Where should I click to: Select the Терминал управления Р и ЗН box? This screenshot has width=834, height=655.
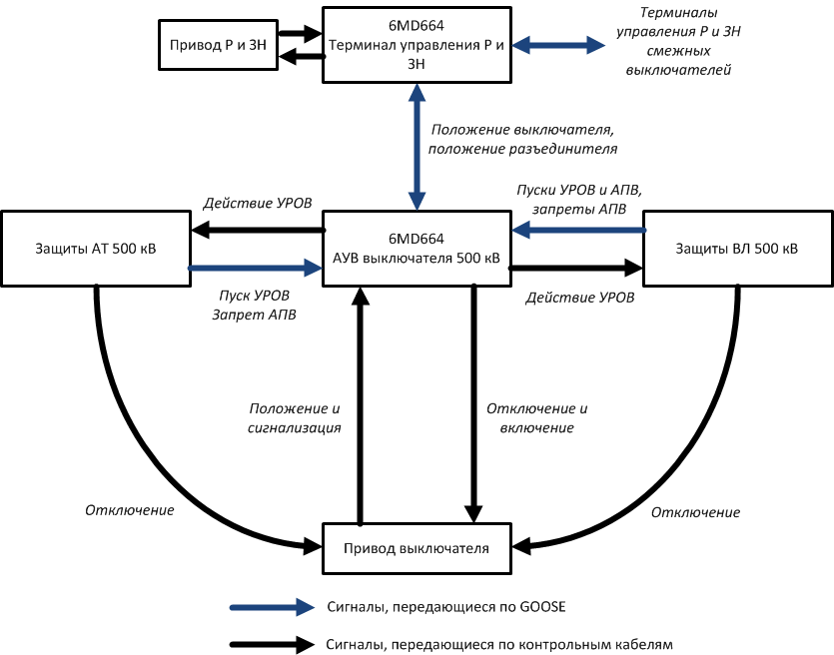(x=417, y=45)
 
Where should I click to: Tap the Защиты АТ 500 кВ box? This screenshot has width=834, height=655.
(x=96, y=248)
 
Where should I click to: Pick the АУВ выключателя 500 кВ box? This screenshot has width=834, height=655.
(x=417, y=248)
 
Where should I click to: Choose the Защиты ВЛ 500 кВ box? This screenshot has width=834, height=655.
(x=738, y=248)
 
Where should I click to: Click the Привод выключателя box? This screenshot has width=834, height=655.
(x=417, y=548)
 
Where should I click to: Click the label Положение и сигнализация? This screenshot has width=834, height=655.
(x=295, y=418)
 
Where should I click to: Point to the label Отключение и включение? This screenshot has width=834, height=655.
(x=536, y=418)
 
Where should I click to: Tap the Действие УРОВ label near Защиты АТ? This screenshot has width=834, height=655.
(x=258, y=204)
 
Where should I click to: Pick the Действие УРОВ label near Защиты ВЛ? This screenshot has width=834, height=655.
(x=579, y=297)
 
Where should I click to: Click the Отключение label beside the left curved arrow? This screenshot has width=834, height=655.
(x=130, y=510)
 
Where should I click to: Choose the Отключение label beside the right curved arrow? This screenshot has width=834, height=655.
(x=696, y=512)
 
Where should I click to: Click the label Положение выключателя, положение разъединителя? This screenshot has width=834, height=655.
(x=522, y=140)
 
